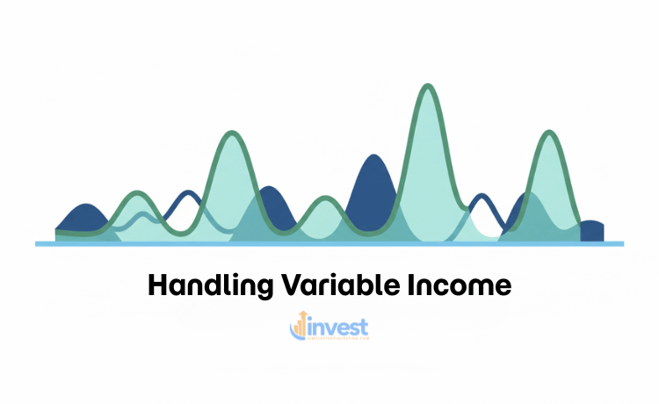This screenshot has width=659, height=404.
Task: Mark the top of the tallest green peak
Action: [x=428, y=86]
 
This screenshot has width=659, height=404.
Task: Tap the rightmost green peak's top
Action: [x=550, y=133]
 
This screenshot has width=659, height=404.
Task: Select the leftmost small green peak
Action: [x=136, y=193]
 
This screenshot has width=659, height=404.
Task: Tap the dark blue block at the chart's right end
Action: [x=591, y=230]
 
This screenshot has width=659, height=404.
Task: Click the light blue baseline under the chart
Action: [x=329, y=243]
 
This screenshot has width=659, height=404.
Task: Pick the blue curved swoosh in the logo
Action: [x=293, y=334]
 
